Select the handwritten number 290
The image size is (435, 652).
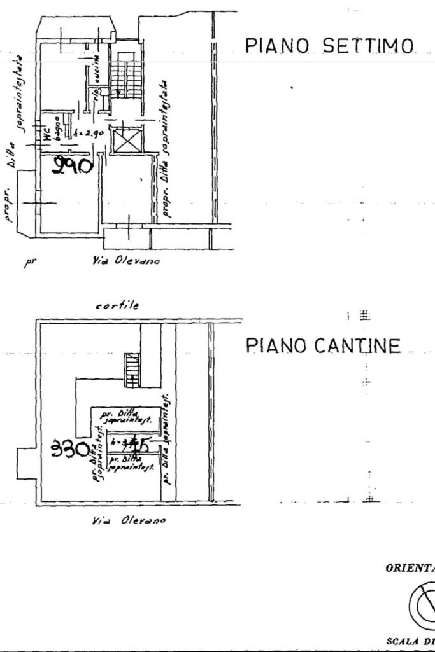(x=74, y=167)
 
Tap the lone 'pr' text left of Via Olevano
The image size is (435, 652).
(x=29, y=262)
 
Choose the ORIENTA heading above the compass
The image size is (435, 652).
(x=408, y=568)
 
